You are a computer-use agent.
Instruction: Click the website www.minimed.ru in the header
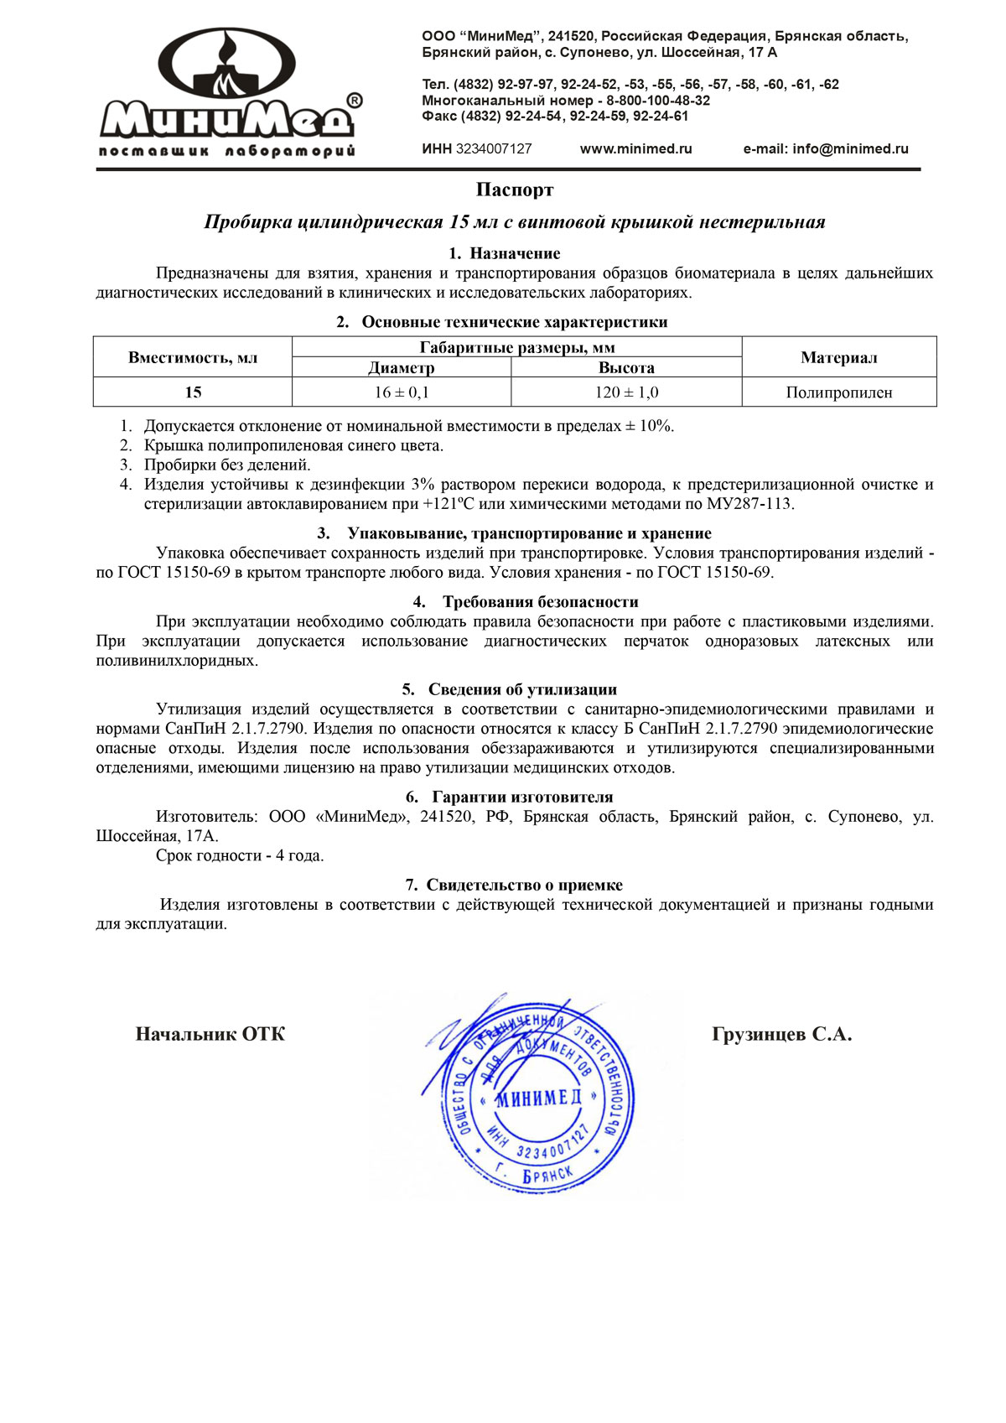pyautogui.click(x=635, y=149)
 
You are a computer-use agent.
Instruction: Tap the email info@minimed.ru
pyautogui.click(x=825, y=149)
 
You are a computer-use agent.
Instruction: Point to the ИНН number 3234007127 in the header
pyautogui.click(x=493, y=149)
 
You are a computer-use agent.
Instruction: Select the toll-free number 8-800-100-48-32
pyautogui.click(x=658, y=101)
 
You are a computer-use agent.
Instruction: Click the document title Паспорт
pyautogui.click(x=515, y=190)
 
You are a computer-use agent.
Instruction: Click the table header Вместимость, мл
pyautogui.click(x=193, y=358)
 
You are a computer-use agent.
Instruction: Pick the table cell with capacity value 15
pyautogui.click(x=193, y=392)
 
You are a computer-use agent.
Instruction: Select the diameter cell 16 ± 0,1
pyautogui.click(x=402, y=392)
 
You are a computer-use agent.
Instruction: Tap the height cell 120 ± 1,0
pyautogui.click(x=626, y=392)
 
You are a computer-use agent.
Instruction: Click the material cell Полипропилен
pyautogui.click(x=838, y=392)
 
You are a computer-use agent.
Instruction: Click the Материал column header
pyautogui.click(x=838, y=358)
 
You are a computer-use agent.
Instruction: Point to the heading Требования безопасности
pyautogui.click(x=540, y=602)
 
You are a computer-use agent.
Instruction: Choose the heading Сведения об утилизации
pyautogui.click(x=522, y=689)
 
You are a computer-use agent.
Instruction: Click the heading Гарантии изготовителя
pyautogui.click(x=522, y=797)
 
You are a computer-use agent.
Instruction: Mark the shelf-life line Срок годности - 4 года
pyautogui.click(x=240, y=856)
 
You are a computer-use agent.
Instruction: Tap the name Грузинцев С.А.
pyautogui.click(x=781, y=1035)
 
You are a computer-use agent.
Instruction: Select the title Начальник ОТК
pyautogui.click(x=210, y=1035)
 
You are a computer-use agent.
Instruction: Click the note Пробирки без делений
pyautogui.click(x=227, y=465)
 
